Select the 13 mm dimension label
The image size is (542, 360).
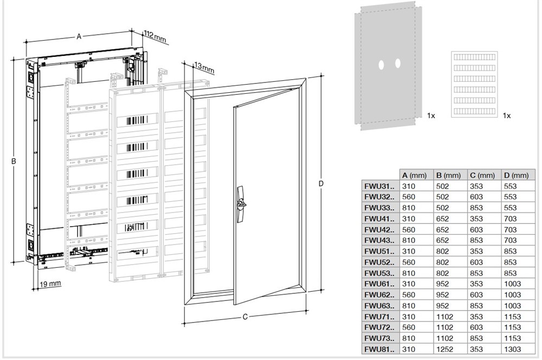[x=204, y=68]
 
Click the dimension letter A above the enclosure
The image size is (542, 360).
[x=79, y=36]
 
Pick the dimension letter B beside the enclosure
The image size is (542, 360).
[x=15, y=161]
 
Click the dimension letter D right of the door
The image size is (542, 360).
[x=321, y=184]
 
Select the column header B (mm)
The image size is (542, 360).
[x=448, y=175]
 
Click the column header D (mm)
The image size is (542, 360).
[x=515, y=175]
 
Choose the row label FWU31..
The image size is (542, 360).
[x=379, y=186]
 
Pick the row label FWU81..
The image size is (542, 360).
[x=379, y=350]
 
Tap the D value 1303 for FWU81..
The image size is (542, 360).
[x=512, y=350]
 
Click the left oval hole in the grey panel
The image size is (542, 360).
[x=382, y=64]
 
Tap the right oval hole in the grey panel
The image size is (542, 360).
[x=398, y=63]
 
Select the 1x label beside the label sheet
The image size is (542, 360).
[x=507, y=115]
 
